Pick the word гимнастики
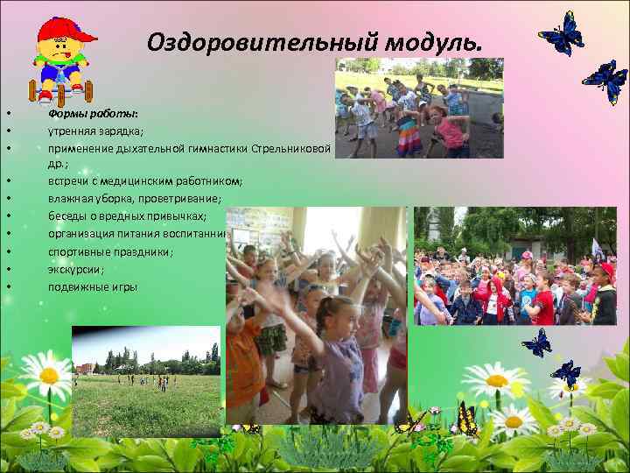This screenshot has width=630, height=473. point(213,147)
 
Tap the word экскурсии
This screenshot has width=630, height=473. point(75,269)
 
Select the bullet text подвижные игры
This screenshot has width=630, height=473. point(93,286)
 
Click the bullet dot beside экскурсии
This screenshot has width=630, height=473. point(7,270)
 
